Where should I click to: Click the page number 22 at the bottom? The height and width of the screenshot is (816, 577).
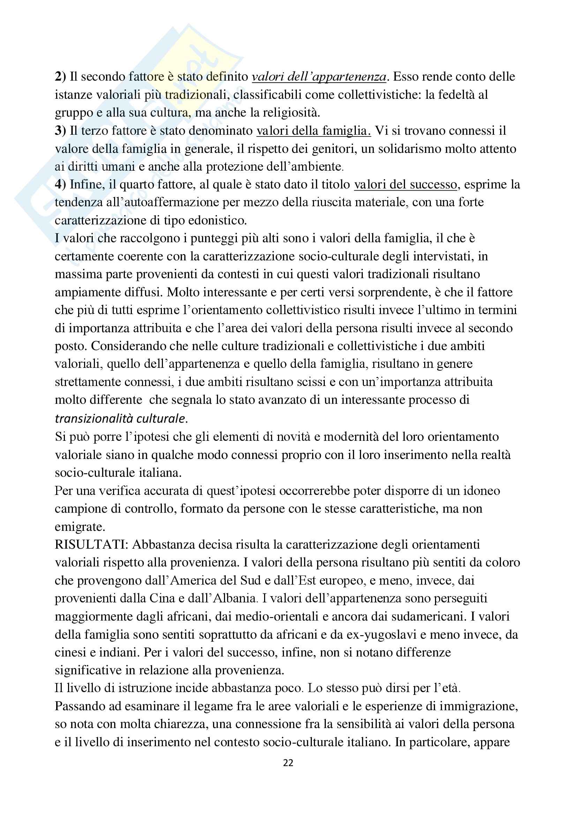click(x=288, y=763)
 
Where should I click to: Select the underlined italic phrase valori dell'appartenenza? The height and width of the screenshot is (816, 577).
click(x=319, y=77)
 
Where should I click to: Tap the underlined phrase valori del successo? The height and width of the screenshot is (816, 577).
click(x=405, y=184)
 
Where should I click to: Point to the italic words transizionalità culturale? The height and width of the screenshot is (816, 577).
click(x=120, y=419)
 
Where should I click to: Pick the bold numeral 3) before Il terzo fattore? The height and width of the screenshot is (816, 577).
click(x=60, y=131)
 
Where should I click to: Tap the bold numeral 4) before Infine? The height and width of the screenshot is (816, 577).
click(x=60, y=184)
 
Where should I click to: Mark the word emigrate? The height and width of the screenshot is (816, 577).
click(x=80, y=527)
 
